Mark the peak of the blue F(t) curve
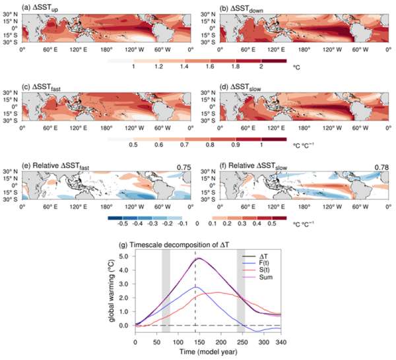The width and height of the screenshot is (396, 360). point(194,269)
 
